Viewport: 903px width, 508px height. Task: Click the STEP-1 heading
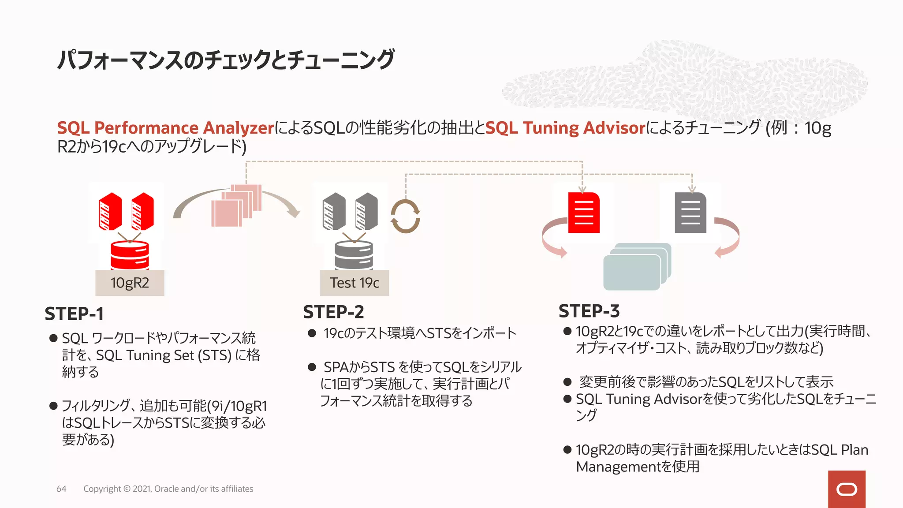pyautogui.click(x=74, y=314)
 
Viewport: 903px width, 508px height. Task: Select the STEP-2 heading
pyautogui.click(x=333, y=312)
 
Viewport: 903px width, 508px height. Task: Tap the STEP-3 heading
pyautogui.click(x=589, y=311)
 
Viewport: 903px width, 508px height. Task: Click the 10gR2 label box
pyautogui.click(x=130, y=283)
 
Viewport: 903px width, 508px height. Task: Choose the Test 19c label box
pyautogui.click(x=354, y=283)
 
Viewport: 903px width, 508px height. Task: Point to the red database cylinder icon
pyautogui.click(x=130, y=256)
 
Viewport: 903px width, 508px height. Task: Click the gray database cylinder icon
pyautogui.click(x=354, y=256)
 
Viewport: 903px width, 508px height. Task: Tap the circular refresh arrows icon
pyautogui.click(x=405, y=216)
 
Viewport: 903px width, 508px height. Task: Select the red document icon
pyautogui.click(x=584, y=213)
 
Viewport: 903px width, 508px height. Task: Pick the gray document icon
pyautogui.click(x=690, y=213)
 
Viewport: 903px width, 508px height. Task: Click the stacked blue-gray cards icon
pyautogui.click(x=637, y=267)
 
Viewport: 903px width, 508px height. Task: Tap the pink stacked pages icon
pyautogui.click(x=236, y=206)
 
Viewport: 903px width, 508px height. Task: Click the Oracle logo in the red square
pyautogui.click(x=847, y=489)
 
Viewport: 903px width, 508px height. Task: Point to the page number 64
pyautogui.click(x=61, y=489)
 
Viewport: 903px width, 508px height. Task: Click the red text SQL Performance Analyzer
pyautogui.click(x=166, y=128)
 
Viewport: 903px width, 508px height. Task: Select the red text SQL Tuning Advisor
pyautogui.click(x=565, y=128)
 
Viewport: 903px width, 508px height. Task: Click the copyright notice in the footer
pyautogui.click(x=168, y=489)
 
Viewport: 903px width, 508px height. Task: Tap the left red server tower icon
pyautogui.click(x=110, y=212)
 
